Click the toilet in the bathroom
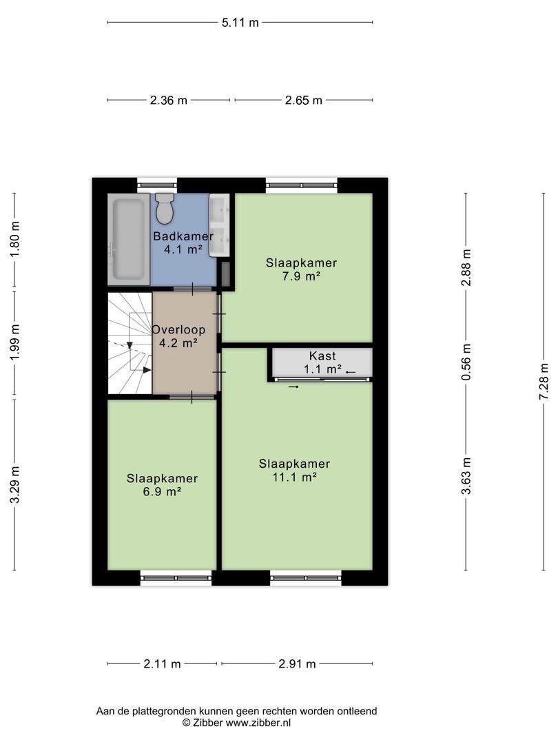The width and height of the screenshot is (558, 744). (x=165, y=208)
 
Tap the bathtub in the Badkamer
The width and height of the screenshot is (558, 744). (x=129, y=240)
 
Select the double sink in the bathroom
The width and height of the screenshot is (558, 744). (x=219, y=225)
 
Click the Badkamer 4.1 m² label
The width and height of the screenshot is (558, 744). (x=183, y=242)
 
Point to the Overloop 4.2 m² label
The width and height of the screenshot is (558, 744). (x=178, y=336)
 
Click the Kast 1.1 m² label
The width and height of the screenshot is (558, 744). (x=322, y=362)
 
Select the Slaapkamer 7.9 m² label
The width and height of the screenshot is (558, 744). (x=301, y=269)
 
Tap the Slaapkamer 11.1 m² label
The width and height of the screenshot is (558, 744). (x=294, y=471)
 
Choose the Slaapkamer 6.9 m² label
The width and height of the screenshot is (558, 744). (x=163, y=485)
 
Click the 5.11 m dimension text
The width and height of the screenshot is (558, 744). (x=240, y=22)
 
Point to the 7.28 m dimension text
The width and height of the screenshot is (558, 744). (x=544, y=382)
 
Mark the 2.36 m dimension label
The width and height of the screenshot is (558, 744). (x=169, y=100)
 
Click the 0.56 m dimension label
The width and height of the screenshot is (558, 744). (x=466, y=362)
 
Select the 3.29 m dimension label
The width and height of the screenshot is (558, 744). (x=15, y=484)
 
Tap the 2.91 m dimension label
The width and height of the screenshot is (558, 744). (x=297, y=664)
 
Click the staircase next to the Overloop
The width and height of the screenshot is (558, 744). (x=130, y=343)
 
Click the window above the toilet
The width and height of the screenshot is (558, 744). (x=157, y=185)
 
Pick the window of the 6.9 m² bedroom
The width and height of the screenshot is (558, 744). (x=176, y=578)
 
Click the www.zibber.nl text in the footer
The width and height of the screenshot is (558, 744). (x=258, y=723)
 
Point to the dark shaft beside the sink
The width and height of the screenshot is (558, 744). (x=226, y=273)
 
